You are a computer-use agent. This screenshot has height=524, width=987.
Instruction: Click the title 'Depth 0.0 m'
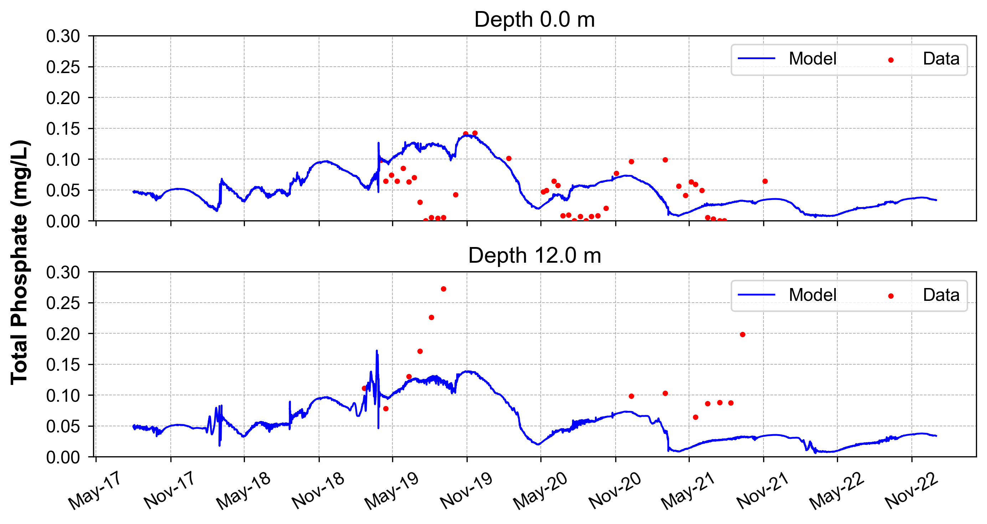535,20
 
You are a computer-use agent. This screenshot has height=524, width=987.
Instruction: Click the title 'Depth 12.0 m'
535,256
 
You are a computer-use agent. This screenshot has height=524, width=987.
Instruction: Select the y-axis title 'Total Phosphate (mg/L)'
20,262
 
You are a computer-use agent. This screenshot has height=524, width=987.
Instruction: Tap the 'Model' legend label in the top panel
812,59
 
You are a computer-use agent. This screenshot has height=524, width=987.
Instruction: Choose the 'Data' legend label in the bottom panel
941,295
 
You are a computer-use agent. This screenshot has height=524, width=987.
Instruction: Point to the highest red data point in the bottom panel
443,289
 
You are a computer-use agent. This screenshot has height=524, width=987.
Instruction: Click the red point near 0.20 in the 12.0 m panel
742,334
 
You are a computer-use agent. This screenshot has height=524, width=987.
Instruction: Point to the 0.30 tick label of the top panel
63,36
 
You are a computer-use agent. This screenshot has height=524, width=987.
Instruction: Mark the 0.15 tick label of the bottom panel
63,365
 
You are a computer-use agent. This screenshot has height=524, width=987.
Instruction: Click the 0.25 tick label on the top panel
63,67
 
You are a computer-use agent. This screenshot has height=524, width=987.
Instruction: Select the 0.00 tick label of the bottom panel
63,457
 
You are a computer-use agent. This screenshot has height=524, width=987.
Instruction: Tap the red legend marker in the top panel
891,60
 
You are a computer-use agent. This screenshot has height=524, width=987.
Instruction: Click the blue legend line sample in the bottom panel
756,295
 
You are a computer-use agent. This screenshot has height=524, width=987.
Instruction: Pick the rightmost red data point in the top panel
765,181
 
